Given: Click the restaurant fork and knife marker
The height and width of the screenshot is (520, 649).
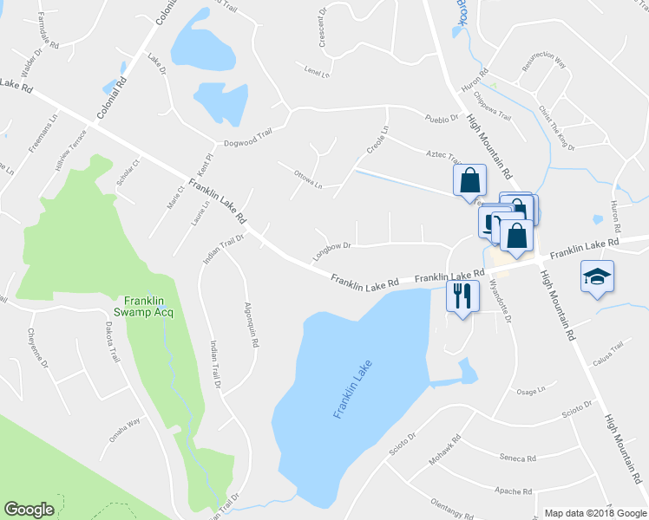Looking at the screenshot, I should pos(460,296).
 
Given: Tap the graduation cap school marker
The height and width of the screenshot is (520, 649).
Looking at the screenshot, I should pos(597,277).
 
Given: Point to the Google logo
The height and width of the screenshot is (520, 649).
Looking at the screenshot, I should pos(29,510).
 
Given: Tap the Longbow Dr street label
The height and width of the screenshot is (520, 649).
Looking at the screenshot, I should pos(331,251).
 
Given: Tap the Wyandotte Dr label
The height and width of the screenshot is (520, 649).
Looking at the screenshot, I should pos(501,299).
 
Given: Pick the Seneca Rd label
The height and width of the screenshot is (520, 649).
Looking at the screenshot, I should pos(519,458).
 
